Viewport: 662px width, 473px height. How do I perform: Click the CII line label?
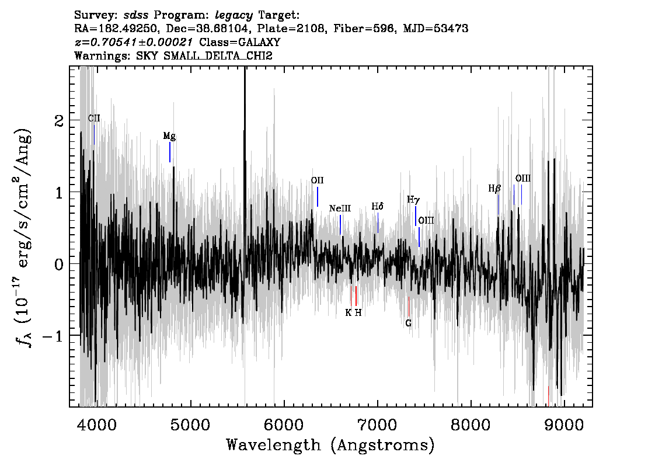[x=94, y=118]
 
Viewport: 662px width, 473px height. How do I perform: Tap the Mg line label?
[x=169, y=136]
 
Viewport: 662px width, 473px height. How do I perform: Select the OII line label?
[x=317, y=180]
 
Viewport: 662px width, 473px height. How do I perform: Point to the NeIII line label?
[x=340, y=208]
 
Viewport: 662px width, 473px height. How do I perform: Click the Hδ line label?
[x=378, y=206]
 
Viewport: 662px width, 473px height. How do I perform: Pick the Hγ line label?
[x=413, y=200]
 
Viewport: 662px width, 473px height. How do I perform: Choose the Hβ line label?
[x=494, y=189]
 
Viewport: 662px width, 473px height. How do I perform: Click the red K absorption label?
[x=349, y=312]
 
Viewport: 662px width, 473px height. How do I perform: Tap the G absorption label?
[x=408, y=323]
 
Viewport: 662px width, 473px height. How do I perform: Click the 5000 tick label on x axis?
[x=191, y=425]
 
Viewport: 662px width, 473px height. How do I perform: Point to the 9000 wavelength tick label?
[x=564, y=425]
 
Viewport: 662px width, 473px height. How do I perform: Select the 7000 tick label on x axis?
[x=378, y=425]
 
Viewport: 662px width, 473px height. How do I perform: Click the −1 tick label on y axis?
[x=53, y=336]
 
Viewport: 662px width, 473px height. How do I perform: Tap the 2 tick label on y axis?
[x=60, y=121]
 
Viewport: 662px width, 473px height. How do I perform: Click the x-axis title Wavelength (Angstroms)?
[x=330, y=445]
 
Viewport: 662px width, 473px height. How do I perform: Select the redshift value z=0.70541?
[x=134, y=42]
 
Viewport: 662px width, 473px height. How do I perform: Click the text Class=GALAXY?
[x=240, y=42]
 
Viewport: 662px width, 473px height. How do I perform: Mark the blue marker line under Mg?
[x=170, y=152]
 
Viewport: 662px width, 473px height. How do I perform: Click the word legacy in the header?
[x=234, y=16]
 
